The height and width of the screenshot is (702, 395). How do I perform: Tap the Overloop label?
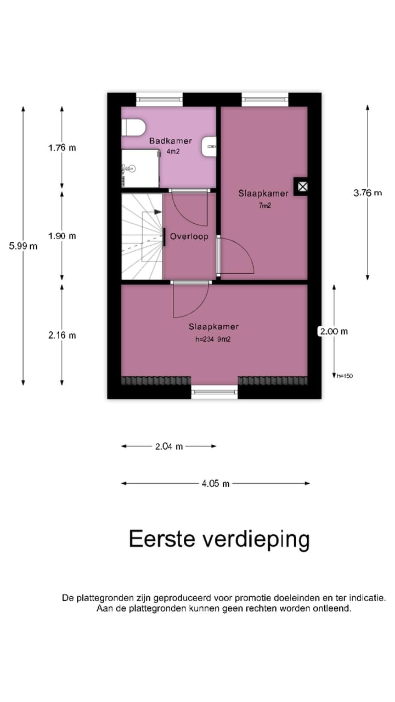[189, 237]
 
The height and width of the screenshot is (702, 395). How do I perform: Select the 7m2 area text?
[265, 206]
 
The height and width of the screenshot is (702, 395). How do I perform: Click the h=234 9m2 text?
[213, 339]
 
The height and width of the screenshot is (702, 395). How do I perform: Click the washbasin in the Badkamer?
[210, 146]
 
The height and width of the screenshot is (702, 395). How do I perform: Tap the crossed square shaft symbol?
[301, 187]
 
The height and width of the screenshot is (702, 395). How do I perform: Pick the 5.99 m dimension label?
[23, 246]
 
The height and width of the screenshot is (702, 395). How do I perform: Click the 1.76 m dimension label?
[62, 148]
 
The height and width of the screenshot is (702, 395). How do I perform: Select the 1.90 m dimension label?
[62, 236]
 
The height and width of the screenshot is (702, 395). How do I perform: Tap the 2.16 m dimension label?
[62, 335]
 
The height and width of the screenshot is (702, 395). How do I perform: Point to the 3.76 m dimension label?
[368, 193]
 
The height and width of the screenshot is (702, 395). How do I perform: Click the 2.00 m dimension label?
[334, 331]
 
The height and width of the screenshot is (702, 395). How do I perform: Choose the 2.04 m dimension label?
[169, 446]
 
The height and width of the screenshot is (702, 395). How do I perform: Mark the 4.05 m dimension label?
[216, 484]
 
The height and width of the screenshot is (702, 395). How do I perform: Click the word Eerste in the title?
[163, 539]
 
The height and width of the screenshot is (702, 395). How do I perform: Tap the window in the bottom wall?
[215, 392]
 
